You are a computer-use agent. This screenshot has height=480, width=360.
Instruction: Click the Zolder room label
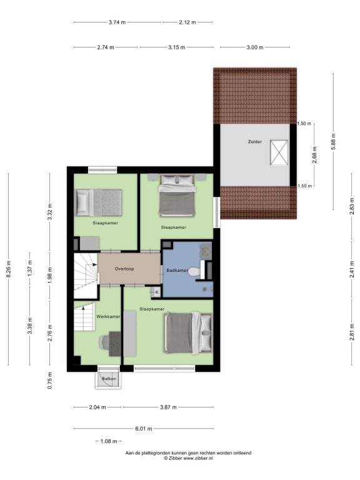(x=255, y=142)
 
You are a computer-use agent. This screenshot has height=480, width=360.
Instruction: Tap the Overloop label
(x=124, y=269)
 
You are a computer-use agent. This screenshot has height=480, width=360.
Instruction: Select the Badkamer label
(x=177, y=271)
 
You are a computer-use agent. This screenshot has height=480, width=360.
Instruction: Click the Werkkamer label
(x=108, y=316)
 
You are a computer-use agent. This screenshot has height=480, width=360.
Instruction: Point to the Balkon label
(x=109, y=379)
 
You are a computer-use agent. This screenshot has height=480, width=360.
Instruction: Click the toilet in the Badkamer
(x=193, y=271)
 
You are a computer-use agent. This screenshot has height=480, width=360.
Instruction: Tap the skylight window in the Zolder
(x=279, y=152)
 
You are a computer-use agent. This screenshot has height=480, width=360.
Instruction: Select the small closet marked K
(x=156, y=292)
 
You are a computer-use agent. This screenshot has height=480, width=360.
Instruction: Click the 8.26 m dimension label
(x=9, y=269)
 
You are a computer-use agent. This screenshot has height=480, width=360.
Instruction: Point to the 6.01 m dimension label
(x=144, y=429)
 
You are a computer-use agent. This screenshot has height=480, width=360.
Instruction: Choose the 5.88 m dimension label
(x=333, y=141)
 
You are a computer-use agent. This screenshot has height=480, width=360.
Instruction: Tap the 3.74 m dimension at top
(x=117, y=22)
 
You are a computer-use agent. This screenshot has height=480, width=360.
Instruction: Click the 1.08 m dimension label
(x=109, y=441)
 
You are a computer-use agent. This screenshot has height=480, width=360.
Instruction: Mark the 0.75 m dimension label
(x=50, y=381)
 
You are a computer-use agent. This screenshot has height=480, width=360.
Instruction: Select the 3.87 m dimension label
(x=168, y=407)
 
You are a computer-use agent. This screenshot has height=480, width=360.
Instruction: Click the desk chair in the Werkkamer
(x=104, y=342)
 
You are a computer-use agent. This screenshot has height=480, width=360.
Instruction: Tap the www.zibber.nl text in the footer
(x=197, y=458)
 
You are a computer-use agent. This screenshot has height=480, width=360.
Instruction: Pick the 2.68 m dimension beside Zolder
(x=314, y=155)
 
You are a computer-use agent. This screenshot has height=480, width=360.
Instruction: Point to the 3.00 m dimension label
(x=255, y=47)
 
